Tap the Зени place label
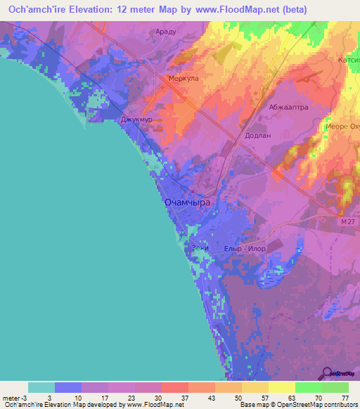(x=200, y=248)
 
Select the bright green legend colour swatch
(x=308, y=387)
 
